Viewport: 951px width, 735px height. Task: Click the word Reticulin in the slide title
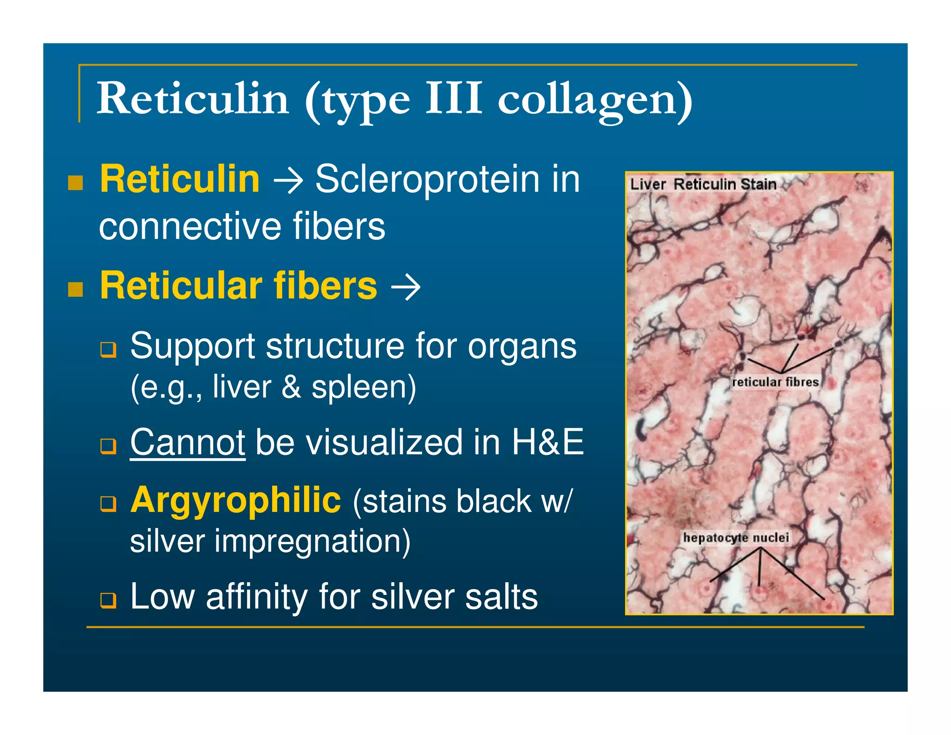(193, 98)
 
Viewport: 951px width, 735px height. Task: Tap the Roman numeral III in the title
(454, 98)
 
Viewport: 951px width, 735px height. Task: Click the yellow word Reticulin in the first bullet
(180, 179)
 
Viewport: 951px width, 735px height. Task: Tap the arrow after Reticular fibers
(406, 287)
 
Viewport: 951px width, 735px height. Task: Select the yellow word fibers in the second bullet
(325, 285)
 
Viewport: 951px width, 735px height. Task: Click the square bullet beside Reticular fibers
(75, 289)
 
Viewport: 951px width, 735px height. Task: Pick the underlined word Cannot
(188, 442)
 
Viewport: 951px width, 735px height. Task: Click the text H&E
(547, 442)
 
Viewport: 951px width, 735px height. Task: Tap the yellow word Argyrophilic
(236, 500)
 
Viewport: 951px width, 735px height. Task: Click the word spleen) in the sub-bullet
(364, 387)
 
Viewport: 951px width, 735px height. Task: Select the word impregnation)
(312, 541)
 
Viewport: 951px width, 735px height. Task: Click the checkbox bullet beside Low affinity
(108, 600)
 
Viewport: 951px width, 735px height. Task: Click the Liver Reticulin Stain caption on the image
(703, 184)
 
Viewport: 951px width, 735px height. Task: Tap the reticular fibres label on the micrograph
(775, 382)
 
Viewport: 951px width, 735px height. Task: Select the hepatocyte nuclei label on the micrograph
(736, 538)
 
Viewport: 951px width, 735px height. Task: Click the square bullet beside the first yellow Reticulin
(75, 183)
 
